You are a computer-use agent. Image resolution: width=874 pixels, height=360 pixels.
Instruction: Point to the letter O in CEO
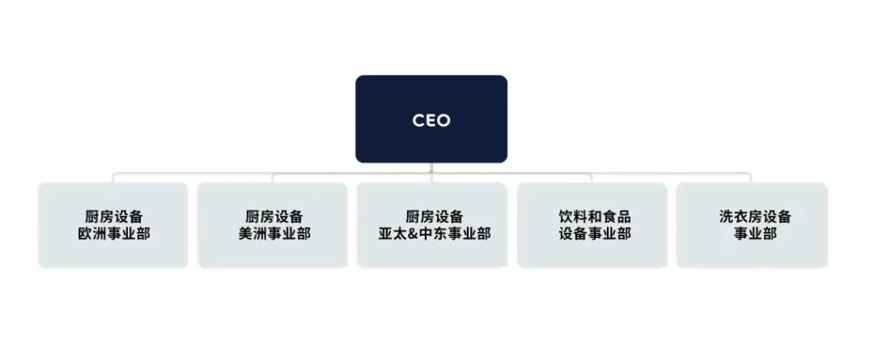click(443, 120)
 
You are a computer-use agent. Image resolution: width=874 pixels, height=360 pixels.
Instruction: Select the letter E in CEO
click(431, 120)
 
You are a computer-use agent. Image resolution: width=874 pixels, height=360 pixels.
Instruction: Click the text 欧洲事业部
click(114, 234)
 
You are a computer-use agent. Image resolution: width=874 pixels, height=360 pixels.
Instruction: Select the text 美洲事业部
click(274, 234)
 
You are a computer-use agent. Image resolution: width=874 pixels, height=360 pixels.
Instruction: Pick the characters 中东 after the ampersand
click(438, 234)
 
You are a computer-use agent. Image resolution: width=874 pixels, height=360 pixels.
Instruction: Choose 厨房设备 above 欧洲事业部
click(114, 217)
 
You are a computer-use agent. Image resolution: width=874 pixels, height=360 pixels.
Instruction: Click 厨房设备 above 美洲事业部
click(274, 217)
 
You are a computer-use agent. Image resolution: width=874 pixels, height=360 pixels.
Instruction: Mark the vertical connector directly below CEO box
click(432, 168)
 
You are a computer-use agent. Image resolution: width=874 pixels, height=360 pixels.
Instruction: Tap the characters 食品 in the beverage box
click(616, 217)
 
